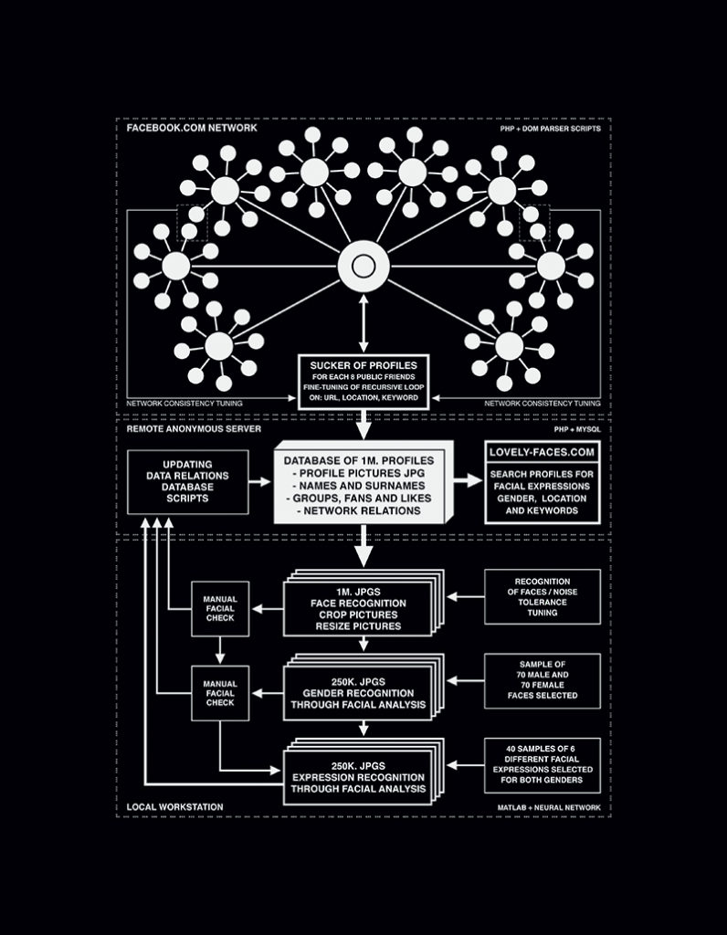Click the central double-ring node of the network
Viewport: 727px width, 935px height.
click(x=363, y=267)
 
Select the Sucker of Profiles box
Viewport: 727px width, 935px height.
click(x=363, y=382)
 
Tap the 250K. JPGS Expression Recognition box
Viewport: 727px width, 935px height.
click(x=358, y=775)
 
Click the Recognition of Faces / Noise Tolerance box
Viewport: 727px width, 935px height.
click(x=542, y=596)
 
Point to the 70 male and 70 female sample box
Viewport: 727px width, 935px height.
click(x=542, y=680)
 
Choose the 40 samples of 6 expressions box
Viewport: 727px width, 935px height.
click(x=542, y=765)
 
